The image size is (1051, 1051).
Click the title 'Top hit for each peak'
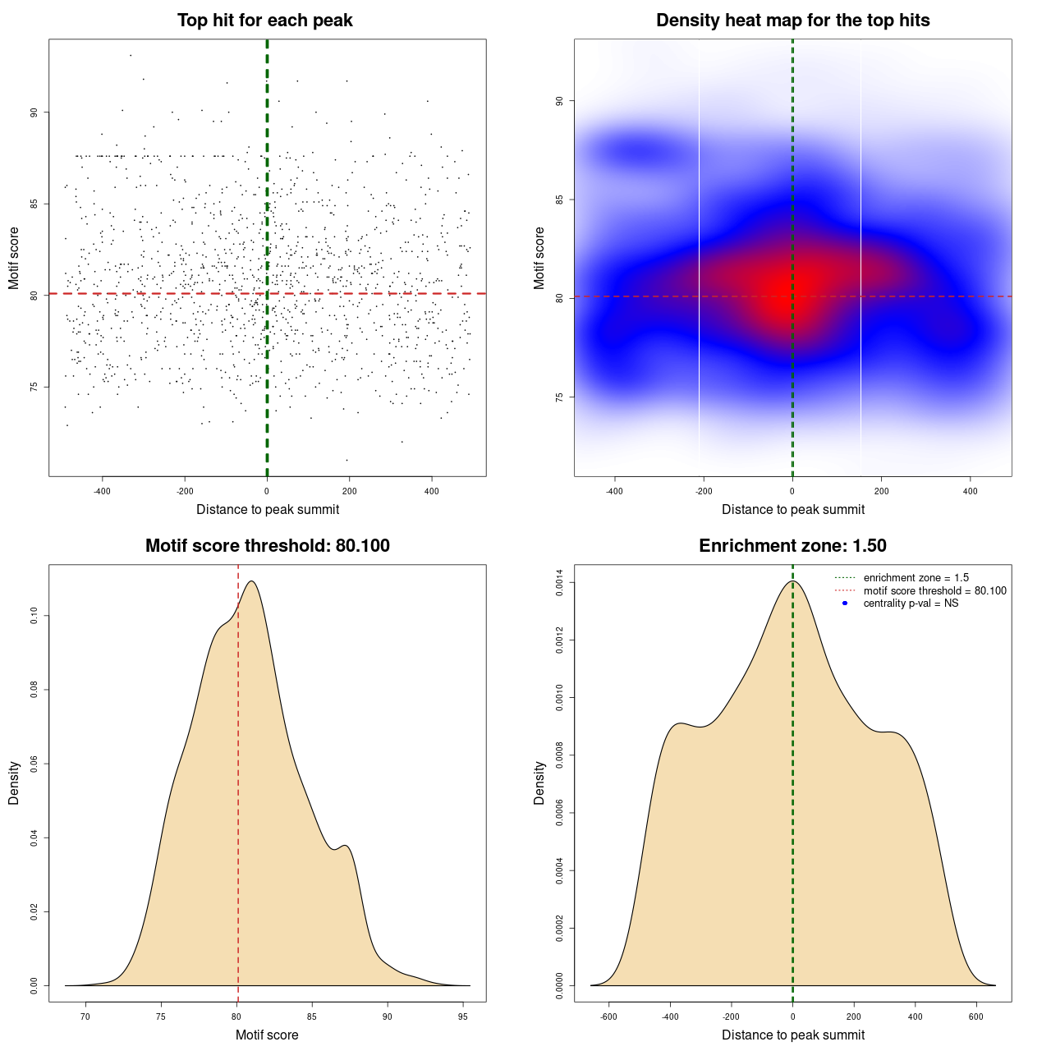click(x=264, y=21)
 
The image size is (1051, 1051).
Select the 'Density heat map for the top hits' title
click(x=792, y=21)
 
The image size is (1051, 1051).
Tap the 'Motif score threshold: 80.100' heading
click(x=267, y=546)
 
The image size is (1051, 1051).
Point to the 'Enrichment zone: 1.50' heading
click(x=792, y=546)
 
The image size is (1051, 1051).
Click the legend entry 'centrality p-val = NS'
click(x=911, y=604)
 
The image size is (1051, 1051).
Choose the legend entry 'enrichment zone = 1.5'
click(x=916, y=578)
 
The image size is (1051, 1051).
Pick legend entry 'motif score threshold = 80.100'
click(x=934, y=591)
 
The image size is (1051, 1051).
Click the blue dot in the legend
click(x=845, y=604)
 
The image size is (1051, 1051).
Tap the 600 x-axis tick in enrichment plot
click(x=976, y=1017)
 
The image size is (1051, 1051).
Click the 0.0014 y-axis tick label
click(x=559, y=582)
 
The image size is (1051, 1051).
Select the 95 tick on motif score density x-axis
click(x=463, y=1017)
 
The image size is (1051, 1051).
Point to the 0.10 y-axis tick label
click(x=34, y=616)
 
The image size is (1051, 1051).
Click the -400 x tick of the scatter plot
click(x=102, y=491)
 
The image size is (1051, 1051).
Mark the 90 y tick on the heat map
click(x=559, y=101)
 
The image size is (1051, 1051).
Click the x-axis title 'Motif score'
click(x=267, y=1035)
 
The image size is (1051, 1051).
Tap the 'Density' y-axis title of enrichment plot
click(x=539, y=783)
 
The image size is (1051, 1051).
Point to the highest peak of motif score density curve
click(x=251, y=581)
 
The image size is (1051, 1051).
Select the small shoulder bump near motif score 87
click(x=346, y=846)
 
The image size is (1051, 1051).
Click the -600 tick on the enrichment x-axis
click(x=608, y=1017)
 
